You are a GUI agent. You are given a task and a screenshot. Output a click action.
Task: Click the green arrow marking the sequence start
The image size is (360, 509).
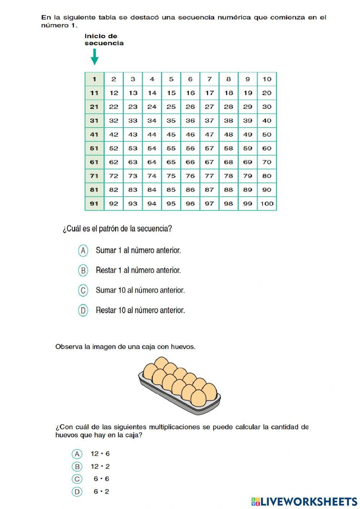pyautogui.click(x=94, y=57)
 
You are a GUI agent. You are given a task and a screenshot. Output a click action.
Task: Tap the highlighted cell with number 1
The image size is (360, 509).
pyautogui.click(x=94, y=79)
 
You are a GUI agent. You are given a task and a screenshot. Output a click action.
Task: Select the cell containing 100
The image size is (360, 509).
pyautogui.click(x=267, y=204)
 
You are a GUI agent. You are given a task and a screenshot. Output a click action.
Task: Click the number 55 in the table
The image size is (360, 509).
pyautogui.click(x=171, y=148)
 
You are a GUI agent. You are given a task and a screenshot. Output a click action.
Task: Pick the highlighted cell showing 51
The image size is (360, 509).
pyautogui.click(x=94, y=148)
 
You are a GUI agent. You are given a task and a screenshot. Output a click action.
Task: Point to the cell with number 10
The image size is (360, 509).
pyautogui.click(x=267, y=79)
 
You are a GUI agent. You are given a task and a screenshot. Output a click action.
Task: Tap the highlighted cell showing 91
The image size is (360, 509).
pyautogui.click(x=94, y=204)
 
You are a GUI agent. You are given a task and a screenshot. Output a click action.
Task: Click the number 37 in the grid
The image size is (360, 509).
pyautogui.click(x=209, y=121)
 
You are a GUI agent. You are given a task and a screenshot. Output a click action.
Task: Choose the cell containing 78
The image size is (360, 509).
pyautogui.click(x=228, y=176)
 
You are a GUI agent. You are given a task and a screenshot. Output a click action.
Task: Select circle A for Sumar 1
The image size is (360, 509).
pyautogui.click(x=83, y=251)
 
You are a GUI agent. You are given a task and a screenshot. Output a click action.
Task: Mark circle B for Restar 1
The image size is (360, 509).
pyautogui.click(x=83, y=271)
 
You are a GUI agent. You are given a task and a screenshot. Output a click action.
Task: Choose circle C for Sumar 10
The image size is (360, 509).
pyautogui.click(x=83, y=290)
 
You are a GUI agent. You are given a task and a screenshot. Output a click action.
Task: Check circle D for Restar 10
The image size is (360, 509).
pyautogui.click(x=83, y=310)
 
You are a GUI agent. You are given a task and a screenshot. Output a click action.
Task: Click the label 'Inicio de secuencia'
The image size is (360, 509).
pyautogui.click(x=104, y=40)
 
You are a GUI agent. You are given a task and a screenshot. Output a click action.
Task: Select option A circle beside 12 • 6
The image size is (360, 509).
pyautogui.click(x=77, y=454)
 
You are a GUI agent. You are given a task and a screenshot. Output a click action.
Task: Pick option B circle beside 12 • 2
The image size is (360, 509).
pyautogui.click(x=77, y=466)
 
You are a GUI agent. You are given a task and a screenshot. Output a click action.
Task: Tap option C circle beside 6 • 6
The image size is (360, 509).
pyautogui.click(x=77, y=479)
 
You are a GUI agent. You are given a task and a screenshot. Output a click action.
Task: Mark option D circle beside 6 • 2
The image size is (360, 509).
pyautogui.click(x=77, y=492)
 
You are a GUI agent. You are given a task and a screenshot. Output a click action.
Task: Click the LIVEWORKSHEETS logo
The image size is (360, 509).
pyautogui.click(x=304, y=501)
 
